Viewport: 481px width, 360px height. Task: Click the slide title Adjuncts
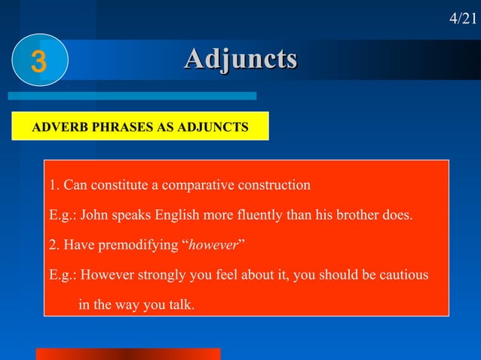[240, 59]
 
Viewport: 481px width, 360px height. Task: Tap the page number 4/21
[463, 18]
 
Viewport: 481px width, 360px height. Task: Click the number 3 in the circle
[38, 61]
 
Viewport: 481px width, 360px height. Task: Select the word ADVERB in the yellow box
[56, 128]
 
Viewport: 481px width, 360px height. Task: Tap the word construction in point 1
[273, 185]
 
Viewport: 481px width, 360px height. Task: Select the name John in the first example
[95, 216]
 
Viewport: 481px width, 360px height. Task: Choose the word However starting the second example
[104, 276]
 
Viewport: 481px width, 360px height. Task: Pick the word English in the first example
[179, 216]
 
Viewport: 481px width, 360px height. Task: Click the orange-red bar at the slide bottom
[128, 354]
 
